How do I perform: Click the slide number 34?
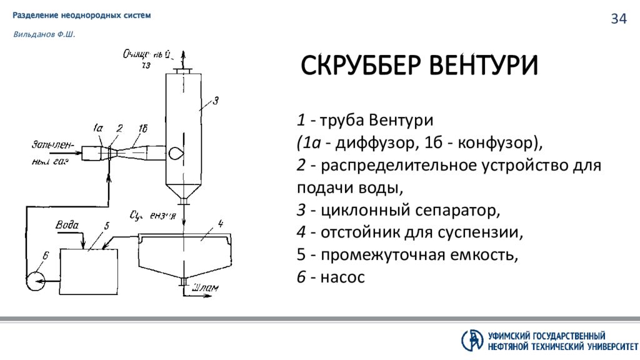click(x=618, y=19)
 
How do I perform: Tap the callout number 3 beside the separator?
click(x=215, y=100)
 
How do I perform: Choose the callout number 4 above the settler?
click(x=219, y=223)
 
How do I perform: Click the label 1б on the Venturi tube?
click(x=142, y=129)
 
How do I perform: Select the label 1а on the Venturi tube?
click(x=98, y=129)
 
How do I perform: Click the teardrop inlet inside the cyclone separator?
click(x=176, y=151)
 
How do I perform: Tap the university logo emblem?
click(x=472, y=339)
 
